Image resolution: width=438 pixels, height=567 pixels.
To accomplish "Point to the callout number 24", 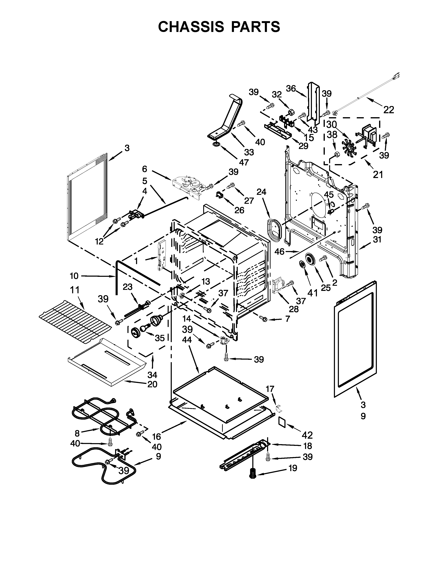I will [x=261, y=192].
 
